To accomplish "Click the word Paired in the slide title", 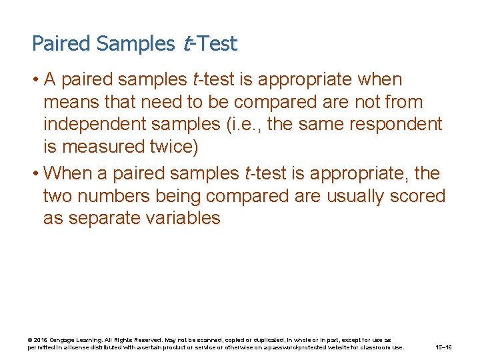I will [61, 44].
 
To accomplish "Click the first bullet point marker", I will [35, 80].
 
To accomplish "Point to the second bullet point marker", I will [35, 174].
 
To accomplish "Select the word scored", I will [419, 197].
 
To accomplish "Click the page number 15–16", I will [443, 347].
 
